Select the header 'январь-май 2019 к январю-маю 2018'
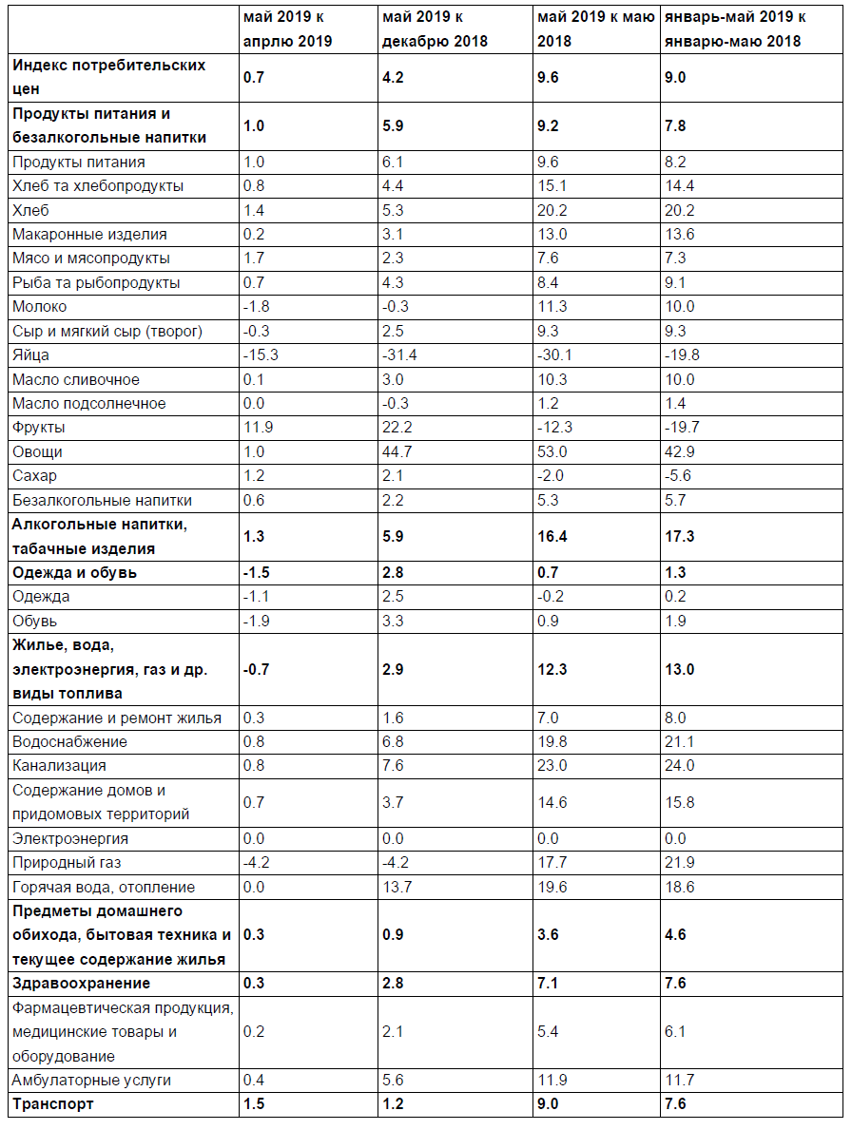click(733, 29)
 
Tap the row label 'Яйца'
click(30, 355)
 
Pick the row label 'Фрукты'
click(39, 428)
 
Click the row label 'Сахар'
click(34, 476)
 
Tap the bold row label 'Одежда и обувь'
click(74, 573)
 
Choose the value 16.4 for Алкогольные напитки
click(552, 537)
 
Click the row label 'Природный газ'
click(67, 863)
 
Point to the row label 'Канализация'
click(59, 766)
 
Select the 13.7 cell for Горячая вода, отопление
click(395, 888)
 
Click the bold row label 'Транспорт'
click(53, 1104)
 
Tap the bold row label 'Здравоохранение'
click(81, 984)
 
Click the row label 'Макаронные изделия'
click(89, 235)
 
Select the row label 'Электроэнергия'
click(70, 839)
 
